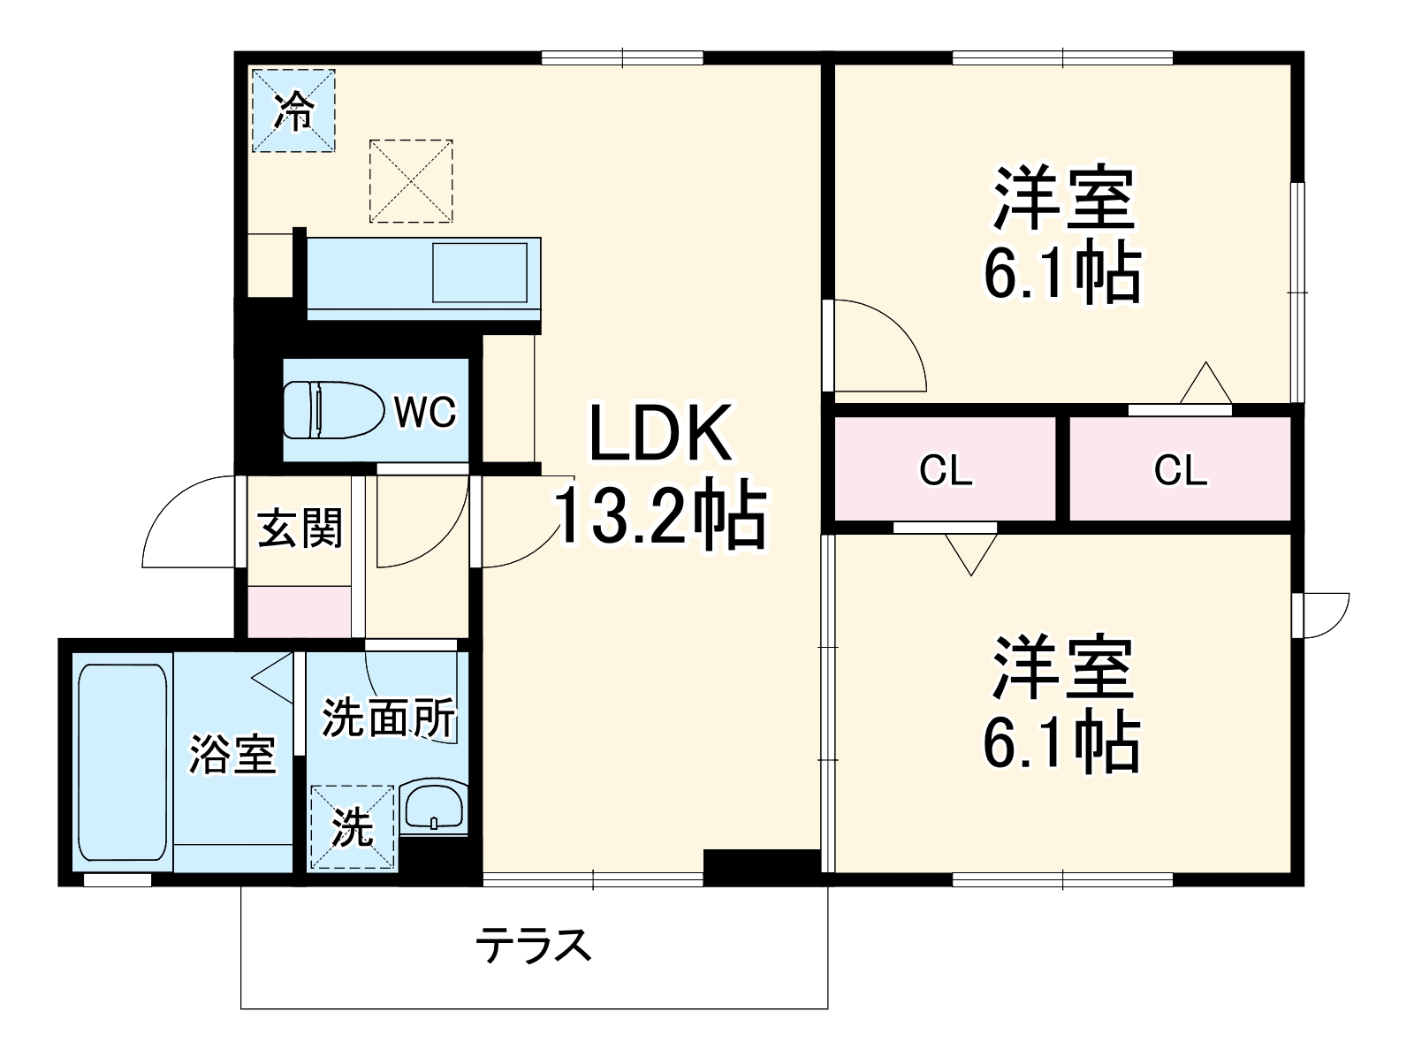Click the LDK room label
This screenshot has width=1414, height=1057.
661,433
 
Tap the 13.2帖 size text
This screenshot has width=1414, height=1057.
659,515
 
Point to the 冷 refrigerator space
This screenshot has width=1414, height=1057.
294,110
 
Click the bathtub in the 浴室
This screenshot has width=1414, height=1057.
122,762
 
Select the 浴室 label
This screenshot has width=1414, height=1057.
233,755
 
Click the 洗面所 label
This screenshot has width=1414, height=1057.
388,718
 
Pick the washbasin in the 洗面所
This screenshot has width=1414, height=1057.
433,806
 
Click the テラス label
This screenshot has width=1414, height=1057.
533,947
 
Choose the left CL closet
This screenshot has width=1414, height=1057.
946,469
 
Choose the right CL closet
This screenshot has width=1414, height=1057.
1181,469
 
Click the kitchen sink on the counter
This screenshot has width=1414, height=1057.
479,272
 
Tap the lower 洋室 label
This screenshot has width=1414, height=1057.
1063,666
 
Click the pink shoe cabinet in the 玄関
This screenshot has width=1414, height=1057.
299,611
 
